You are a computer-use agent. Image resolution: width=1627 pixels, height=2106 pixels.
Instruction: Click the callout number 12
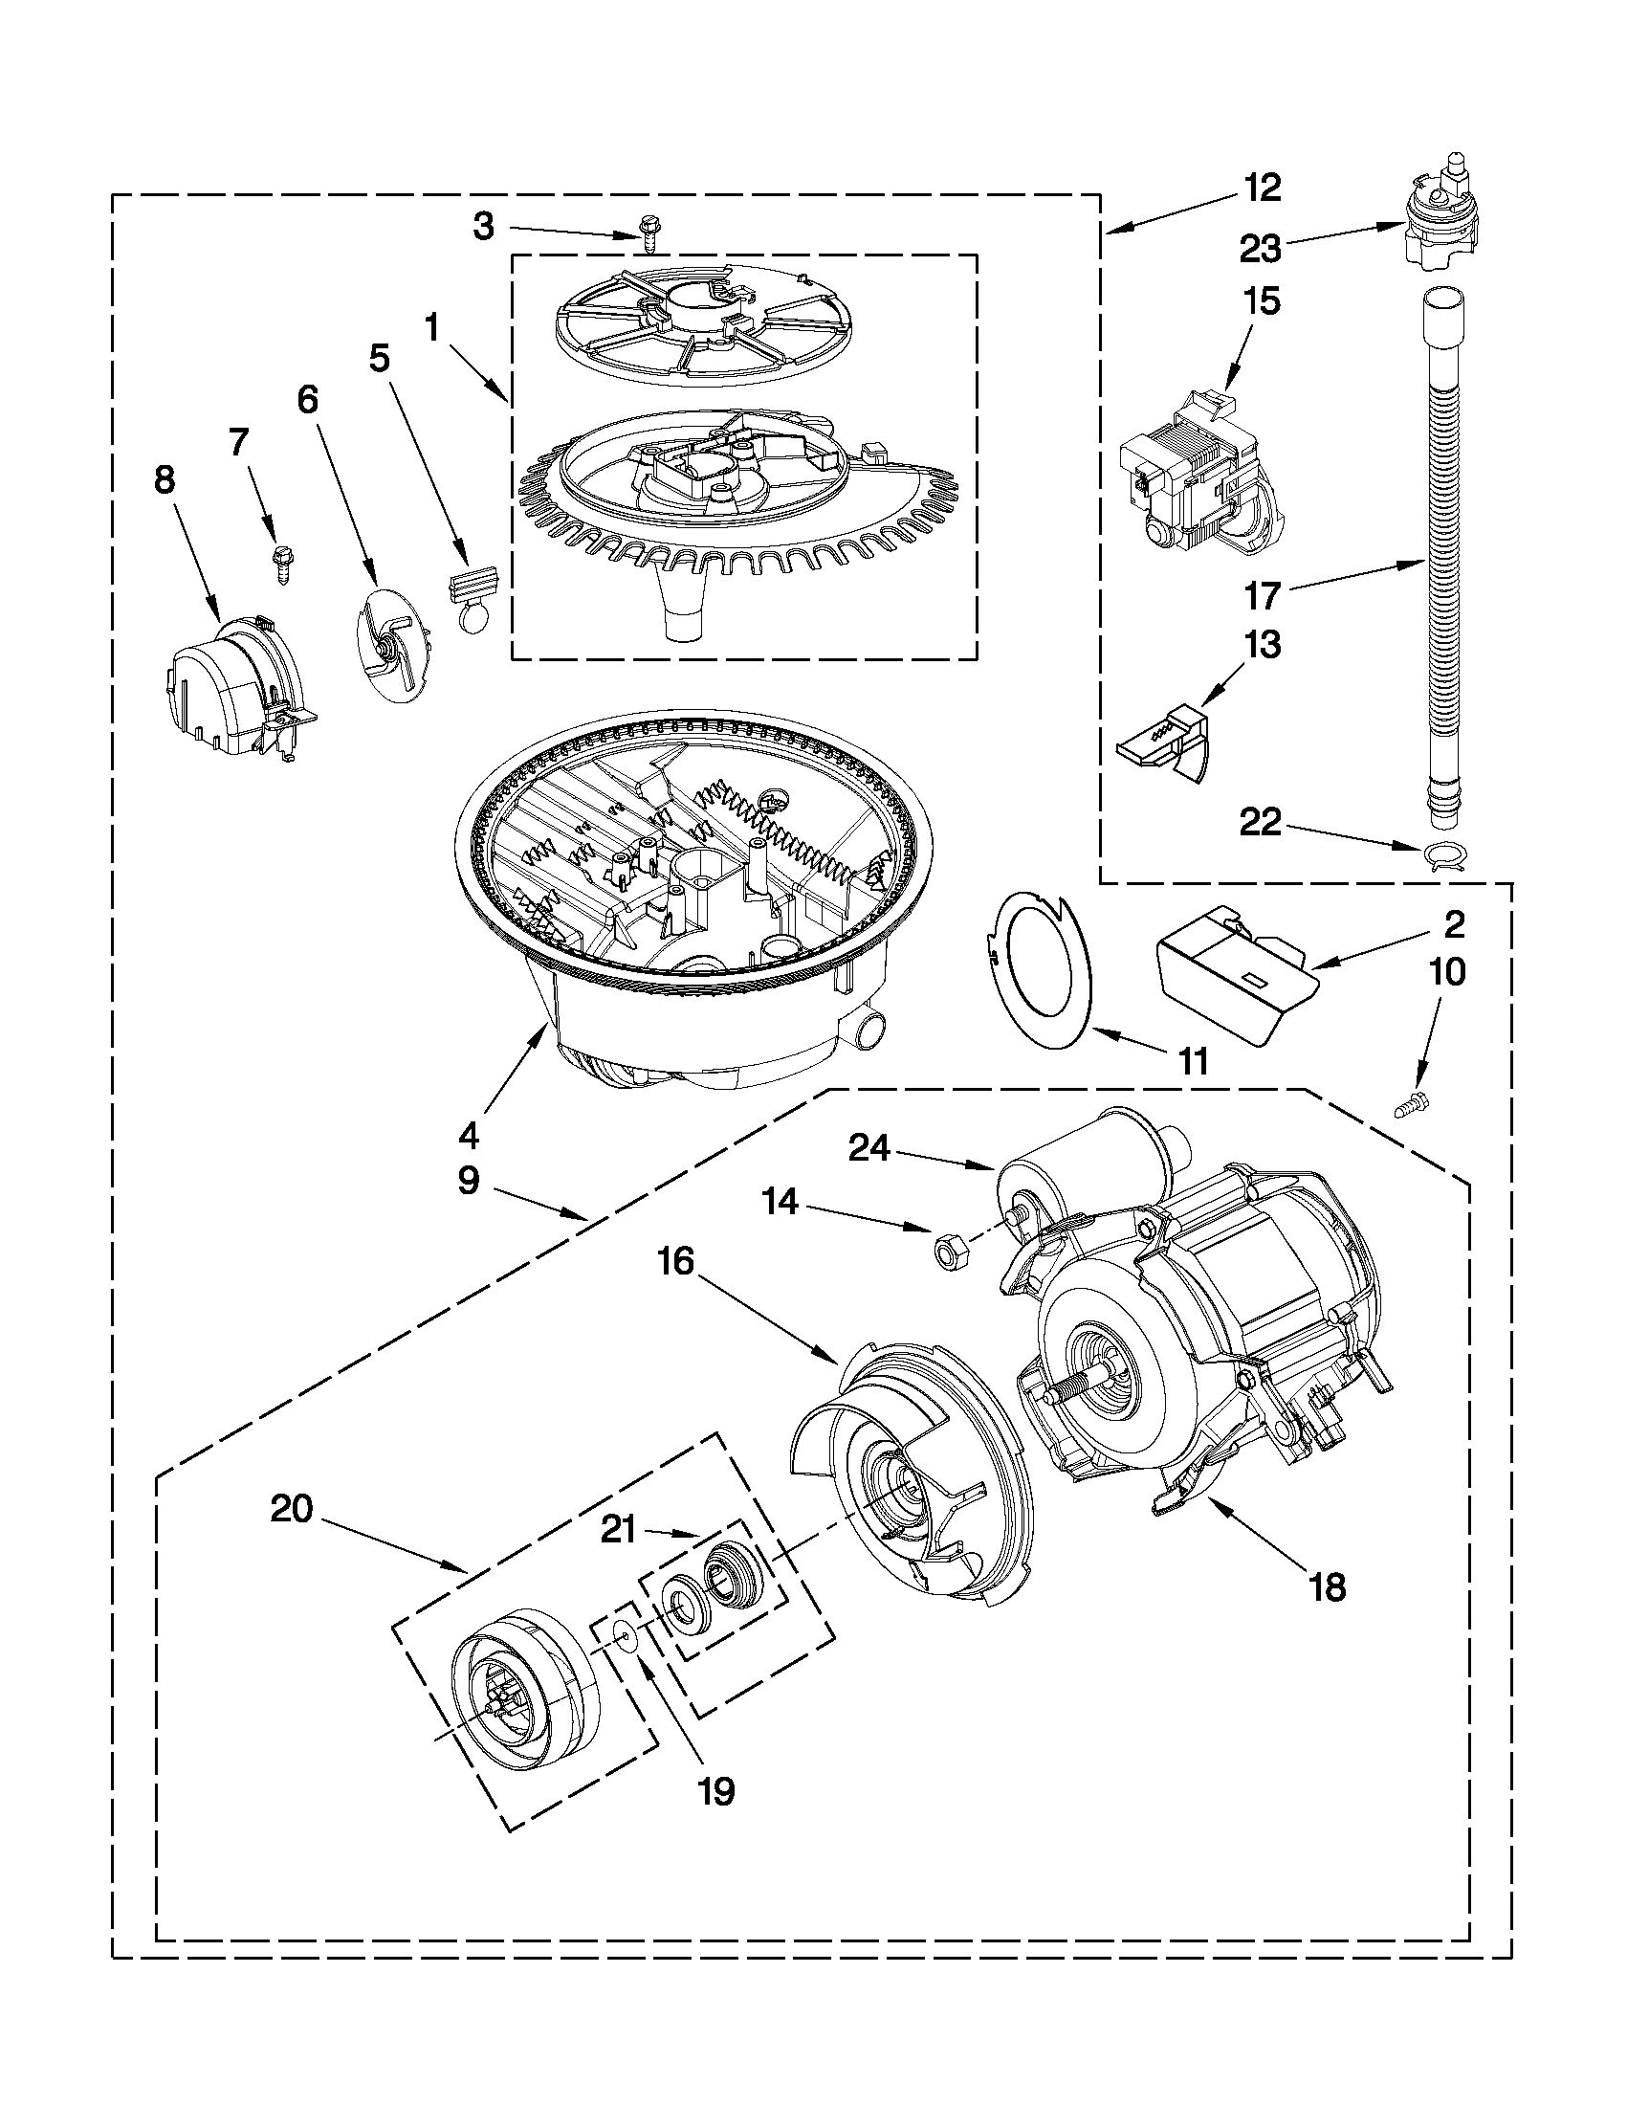(1261, 188)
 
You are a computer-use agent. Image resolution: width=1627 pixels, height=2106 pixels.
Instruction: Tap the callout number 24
(868, 1149)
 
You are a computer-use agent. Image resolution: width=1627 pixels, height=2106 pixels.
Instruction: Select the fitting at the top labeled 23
(1438, 222)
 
